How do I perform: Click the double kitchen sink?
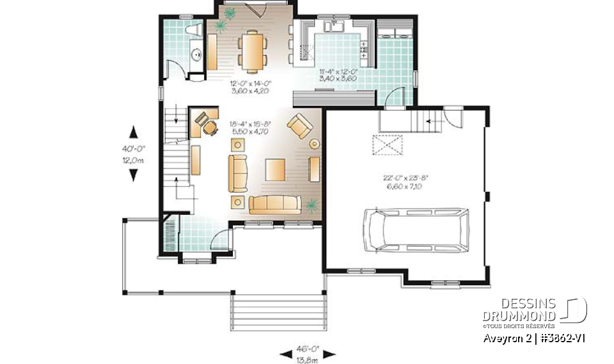335,26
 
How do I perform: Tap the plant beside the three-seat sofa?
311,205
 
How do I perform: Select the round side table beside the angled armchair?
314,143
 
